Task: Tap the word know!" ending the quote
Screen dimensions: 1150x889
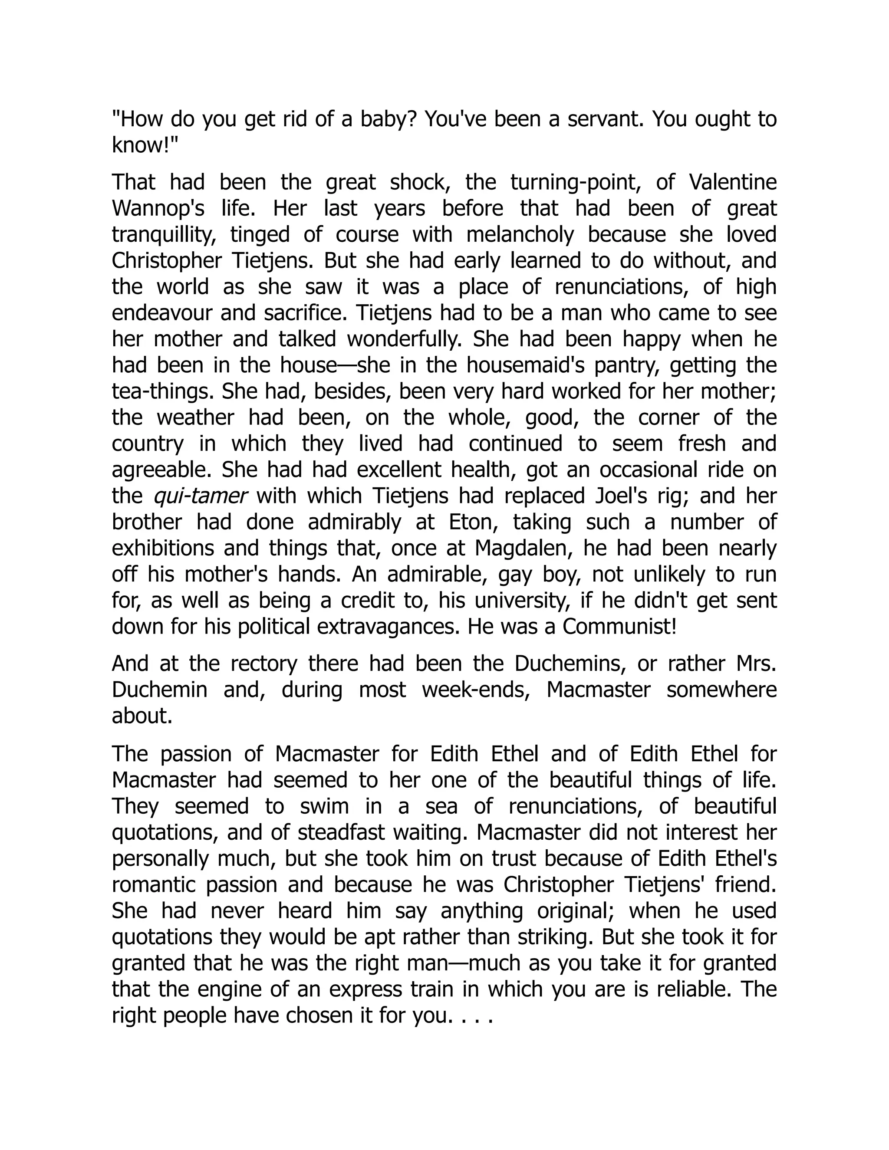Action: pos(145,145)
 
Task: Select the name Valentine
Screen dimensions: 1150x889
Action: pos(733,182)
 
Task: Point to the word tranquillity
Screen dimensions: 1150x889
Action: pos(164,235)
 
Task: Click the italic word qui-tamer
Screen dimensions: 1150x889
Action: pos(201,496)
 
